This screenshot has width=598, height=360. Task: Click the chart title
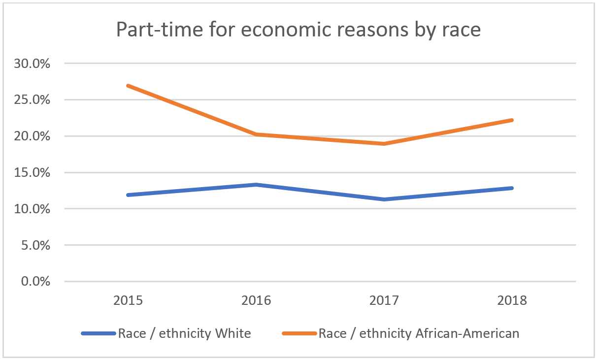[298, 30]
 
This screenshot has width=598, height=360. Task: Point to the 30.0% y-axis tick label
[33, 64]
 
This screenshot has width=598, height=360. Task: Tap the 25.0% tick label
[33, 100]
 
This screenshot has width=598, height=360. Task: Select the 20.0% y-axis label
[33, 136]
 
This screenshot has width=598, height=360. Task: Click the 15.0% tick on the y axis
[33, 173]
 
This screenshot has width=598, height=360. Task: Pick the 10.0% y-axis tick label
[33, 209]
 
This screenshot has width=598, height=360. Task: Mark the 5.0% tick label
[36, 245]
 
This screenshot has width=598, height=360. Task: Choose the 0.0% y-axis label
[36, 282]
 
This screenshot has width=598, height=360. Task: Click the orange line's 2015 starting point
[129, 86]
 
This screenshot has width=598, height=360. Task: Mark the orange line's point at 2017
[384, 144]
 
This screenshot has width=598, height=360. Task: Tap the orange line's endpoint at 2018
[512, 120]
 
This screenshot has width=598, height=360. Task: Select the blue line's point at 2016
[257, 185]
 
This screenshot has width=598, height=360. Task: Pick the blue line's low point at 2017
[384, 199]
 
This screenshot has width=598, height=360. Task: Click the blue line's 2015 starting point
[129, 195]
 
